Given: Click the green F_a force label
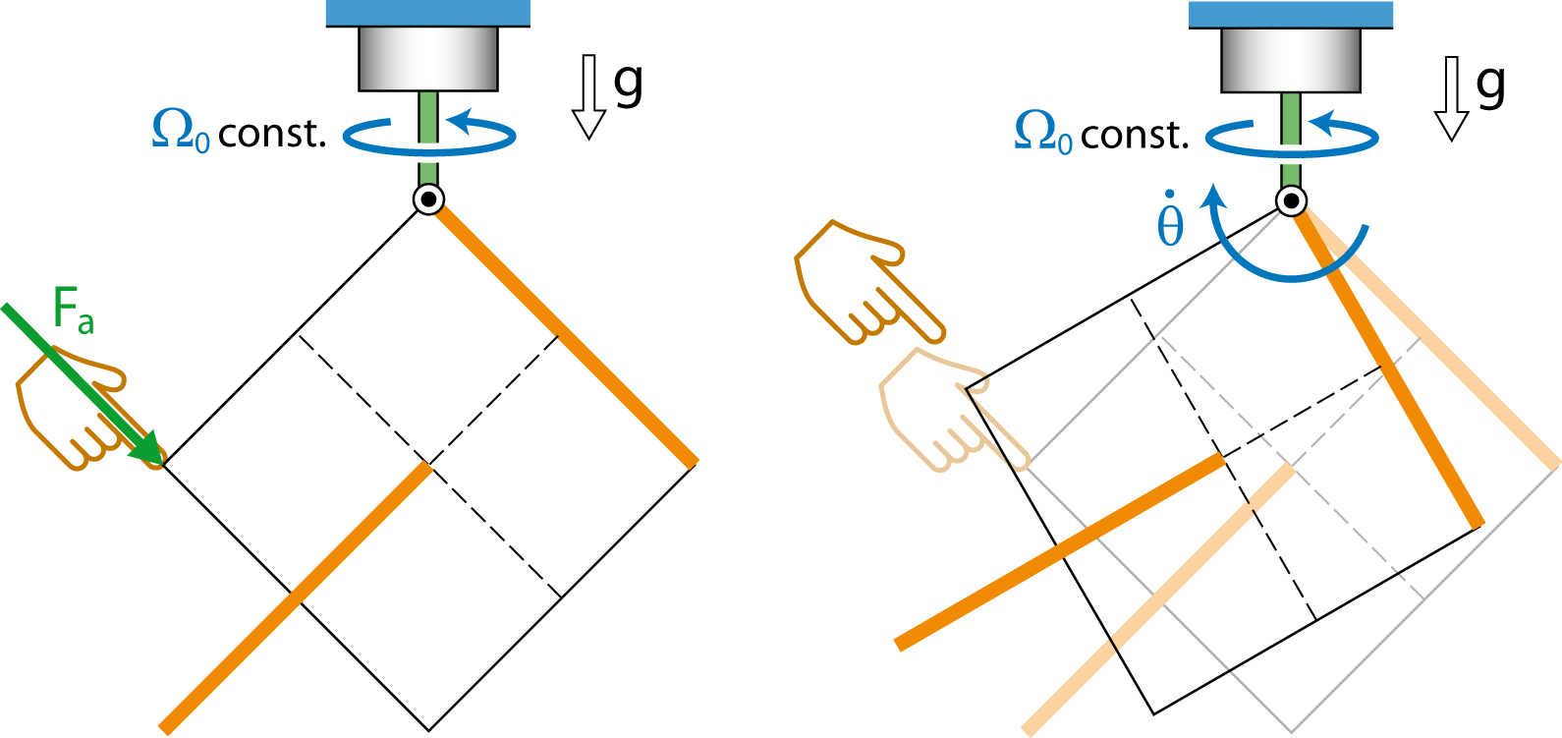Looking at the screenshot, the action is point(74,309).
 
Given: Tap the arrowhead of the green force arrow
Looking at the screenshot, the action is point(147,448).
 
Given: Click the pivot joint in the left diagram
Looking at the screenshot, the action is point(428,199).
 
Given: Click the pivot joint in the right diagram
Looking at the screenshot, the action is point(1291,200).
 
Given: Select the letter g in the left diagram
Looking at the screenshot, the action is point(628,85).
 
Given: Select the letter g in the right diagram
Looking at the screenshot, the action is point(1491,85).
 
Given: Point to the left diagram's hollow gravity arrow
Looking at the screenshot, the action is point(588,97).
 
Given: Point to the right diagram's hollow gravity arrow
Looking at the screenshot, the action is point(1451,98).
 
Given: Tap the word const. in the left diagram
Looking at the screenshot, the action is point(272,134).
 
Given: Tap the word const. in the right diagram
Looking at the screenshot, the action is point(1135,135).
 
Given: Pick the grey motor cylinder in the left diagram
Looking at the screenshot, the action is point(428,59).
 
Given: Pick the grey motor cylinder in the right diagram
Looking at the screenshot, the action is point(1291,60).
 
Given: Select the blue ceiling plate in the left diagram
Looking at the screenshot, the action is point(428,13).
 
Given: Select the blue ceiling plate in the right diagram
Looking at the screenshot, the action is point(1291,14).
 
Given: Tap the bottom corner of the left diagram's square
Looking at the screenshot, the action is point(429,730).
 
